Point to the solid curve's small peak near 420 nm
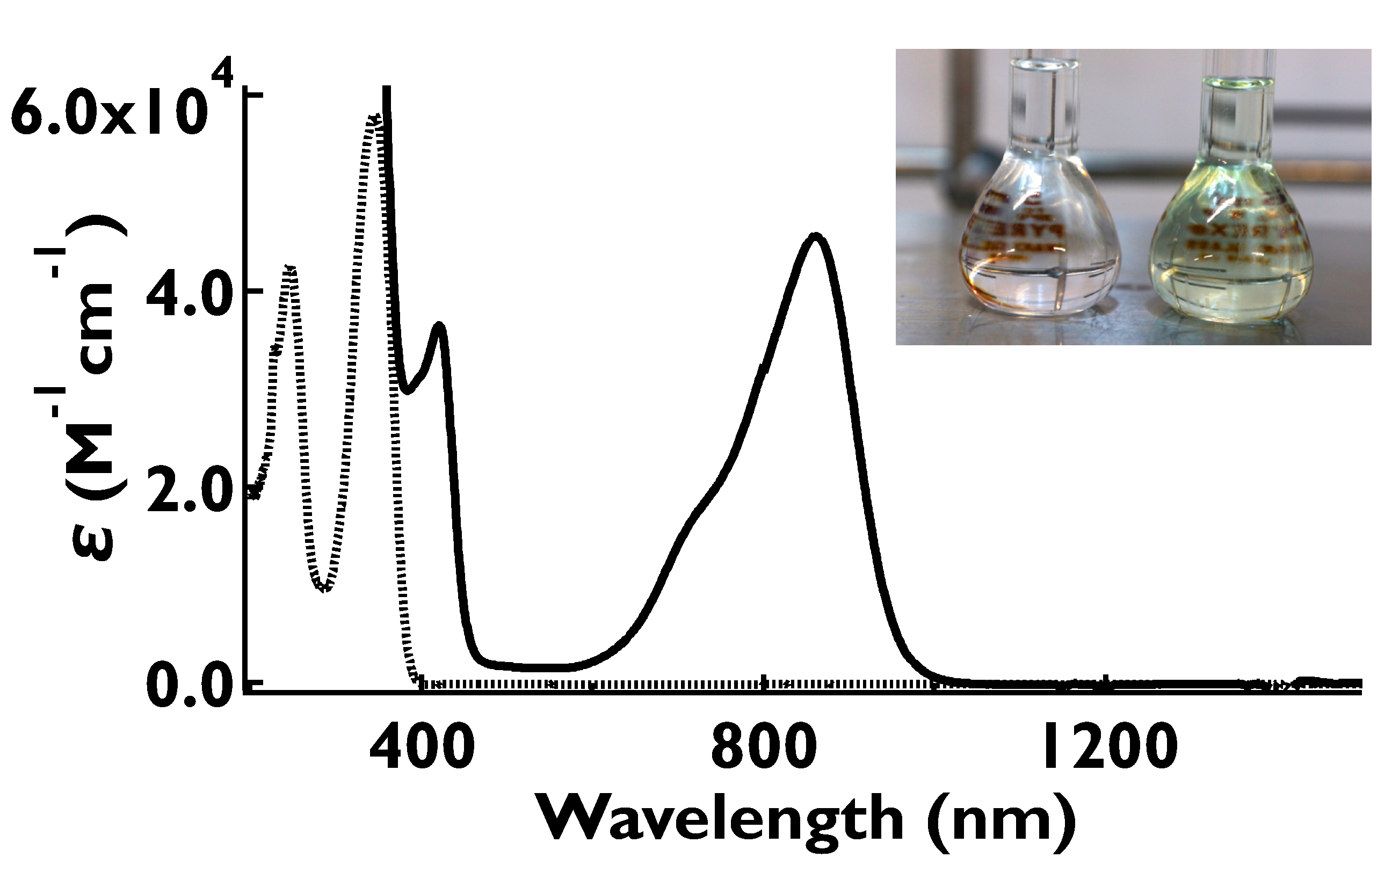[440, 326]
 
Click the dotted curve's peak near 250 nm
[291, 270]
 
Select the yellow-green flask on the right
[1234, 254]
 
